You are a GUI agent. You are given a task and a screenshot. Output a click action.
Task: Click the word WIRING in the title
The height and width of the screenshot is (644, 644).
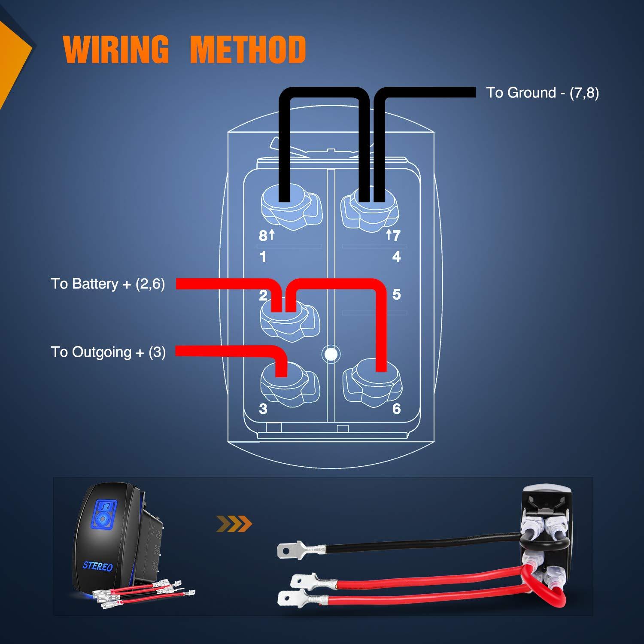(x=116, y=49)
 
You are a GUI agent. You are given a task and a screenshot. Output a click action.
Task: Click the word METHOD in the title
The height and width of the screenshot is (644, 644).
(x=248, y=49)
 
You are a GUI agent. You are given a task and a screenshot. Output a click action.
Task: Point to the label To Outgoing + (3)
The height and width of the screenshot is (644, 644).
(x=108, y=352)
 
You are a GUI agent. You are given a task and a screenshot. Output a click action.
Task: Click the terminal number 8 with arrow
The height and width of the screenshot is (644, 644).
(x=266, y=235)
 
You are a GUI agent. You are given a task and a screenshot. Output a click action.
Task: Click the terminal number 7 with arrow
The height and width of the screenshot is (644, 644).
(x=393, y=235)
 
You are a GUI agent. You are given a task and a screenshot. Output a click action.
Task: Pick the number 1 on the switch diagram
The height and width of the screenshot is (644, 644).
(x=263, y=257)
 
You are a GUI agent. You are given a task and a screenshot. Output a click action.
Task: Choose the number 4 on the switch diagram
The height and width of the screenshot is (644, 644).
(x=396, y=257)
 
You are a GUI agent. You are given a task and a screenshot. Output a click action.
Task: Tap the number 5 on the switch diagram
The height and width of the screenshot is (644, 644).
(x=396, y=295)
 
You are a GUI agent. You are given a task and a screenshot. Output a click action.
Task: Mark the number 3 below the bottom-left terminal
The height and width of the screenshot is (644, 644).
(x=263, y=409)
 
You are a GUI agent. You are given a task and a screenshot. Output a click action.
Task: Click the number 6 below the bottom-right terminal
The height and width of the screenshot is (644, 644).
(x=396, y=409)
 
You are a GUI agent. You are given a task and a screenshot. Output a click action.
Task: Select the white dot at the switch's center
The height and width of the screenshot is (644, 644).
(x=330, y=354)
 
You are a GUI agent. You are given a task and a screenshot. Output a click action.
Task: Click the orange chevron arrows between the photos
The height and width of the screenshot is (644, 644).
(x=234, y=524)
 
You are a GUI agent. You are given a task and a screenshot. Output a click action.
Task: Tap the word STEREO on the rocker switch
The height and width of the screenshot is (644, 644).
(x=97, y=566)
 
